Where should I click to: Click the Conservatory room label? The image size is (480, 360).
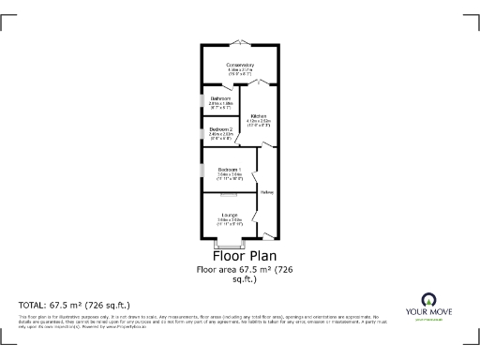[x=240, y=64]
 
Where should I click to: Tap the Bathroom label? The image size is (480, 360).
[x=221, y=98]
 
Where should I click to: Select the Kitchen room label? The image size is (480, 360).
[x=258, y=116]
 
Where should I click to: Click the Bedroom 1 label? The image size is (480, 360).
[x=230, y=169]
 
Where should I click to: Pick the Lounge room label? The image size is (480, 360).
[x=230, y=215]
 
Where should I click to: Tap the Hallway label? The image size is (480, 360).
[x=267, y=194]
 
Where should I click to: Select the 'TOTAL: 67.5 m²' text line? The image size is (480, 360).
[x=74, y=306]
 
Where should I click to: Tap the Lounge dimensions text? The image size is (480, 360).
[x=230, y=222]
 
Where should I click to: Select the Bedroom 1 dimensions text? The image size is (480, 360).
[x=230, y=175]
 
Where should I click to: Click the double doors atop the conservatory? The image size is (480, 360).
[x=240, y=42]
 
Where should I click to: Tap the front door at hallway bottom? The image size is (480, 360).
[x=268, y=235]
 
